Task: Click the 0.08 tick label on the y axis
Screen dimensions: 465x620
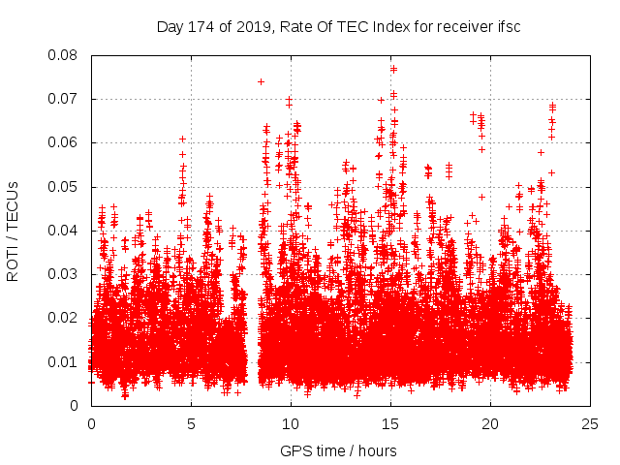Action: (x=64, y=55)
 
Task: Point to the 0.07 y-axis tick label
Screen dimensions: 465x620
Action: (x=64, y=99)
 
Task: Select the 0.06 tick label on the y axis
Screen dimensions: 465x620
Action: (x=64, y=142)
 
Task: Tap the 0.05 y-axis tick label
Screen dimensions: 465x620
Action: (x=64, y=186)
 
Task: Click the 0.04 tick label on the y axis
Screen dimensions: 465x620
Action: (x=64, y=231)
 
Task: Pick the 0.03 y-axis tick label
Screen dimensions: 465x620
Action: (x=64, y=274)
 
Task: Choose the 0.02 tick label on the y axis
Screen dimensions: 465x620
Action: (x=64, y=318)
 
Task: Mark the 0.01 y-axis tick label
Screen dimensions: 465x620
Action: (x=64, y=361)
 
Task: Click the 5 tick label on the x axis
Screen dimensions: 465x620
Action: (x=191, y=423)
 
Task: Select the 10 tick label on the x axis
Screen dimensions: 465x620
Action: (x=291, y=423)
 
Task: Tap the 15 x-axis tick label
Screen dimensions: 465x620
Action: (x=390, y=423)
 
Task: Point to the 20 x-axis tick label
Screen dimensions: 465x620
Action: (x=490, y=423)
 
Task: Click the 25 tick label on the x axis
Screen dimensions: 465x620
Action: (x=590, y=423)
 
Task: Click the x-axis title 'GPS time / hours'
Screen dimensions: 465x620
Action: (x=338, y=450)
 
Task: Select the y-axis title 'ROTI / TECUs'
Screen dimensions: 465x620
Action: (x=14, y=231)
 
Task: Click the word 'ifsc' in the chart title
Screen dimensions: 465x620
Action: (x=508, y=27)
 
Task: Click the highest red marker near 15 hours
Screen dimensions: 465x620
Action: (x=393, y=69)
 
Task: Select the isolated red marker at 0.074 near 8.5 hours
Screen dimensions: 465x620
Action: (x=262, y=81)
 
